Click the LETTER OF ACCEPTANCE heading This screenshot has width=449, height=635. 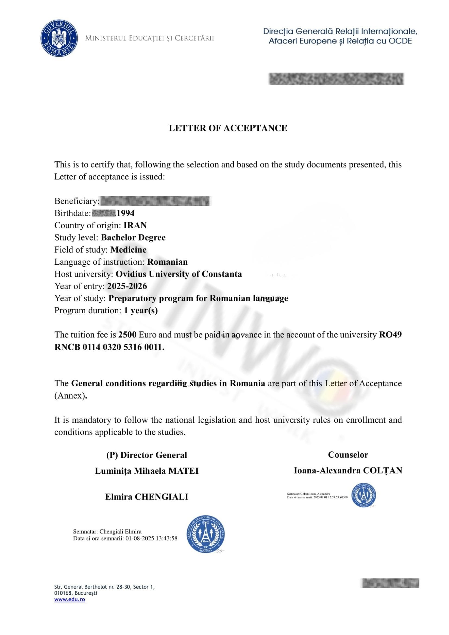tap(228, 128)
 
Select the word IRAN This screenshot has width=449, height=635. tap(135, 225)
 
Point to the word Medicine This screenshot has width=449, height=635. tap(129, 250)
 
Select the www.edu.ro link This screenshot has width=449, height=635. tap(69, 600)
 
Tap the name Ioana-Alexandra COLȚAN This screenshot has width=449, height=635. tap(348, 470)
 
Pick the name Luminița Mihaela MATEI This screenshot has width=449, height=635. tap(147, 471)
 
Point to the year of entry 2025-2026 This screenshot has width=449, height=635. tap(127, 286)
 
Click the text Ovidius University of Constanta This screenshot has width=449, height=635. tap(179, 274)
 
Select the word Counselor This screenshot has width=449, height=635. tap(348, 455)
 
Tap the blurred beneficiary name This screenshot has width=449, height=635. tap(155, 201)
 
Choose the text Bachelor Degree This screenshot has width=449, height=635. tap(133, 238)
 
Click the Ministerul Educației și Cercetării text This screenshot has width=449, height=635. tap(150, 38)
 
